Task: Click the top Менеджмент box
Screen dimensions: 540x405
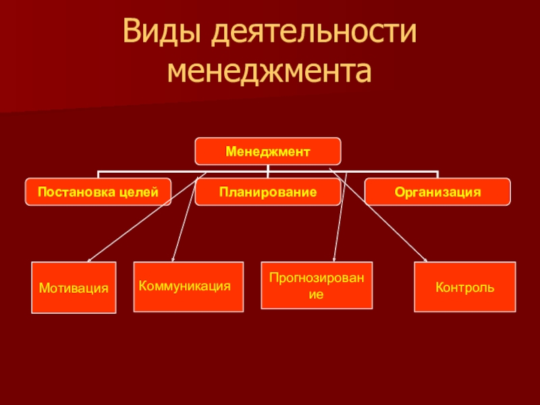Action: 268,151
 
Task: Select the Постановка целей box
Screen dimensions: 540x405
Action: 99,192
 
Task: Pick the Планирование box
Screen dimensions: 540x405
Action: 268,192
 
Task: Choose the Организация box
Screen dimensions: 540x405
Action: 438,192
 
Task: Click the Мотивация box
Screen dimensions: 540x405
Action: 74,288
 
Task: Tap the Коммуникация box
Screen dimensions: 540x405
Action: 188,286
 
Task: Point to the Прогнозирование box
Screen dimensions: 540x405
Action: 317,285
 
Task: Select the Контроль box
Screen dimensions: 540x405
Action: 464,287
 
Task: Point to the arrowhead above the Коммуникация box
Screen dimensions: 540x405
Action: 173,259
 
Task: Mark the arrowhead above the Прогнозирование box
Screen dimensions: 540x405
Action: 334,259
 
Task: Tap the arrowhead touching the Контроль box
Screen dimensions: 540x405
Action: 425,260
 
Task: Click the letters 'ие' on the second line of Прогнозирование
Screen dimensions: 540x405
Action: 317,294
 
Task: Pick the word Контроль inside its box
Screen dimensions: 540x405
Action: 464,288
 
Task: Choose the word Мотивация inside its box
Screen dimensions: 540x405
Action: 74,288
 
